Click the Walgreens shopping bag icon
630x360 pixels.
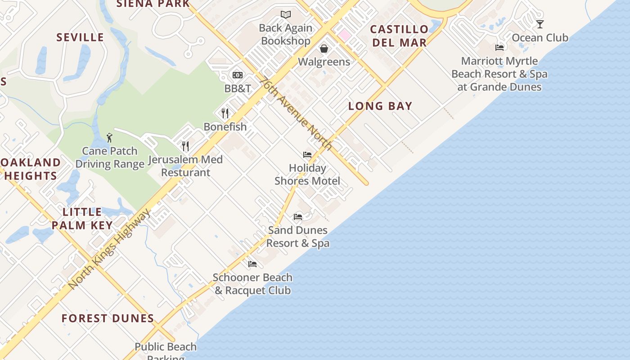pos(324,48)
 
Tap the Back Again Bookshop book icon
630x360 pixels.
pos(286,14)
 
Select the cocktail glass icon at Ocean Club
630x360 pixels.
pos(540,24)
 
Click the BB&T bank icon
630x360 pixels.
pos(238,75)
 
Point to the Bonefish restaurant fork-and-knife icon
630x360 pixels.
pos(225,113)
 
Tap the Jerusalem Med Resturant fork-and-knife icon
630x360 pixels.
pos(185,146)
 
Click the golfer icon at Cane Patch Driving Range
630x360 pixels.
pos(109,137)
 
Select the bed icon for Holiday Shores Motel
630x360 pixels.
pos(307,155)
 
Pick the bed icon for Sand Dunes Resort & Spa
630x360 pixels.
pos(298,217)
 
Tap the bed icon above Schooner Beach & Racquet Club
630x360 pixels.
pos(252,264)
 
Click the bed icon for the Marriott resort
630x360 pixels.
pos(499,47)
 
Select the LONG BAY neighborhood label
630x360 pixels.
pos(380,106)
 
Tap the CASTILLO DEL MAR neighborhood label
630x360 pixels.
pos(399,36)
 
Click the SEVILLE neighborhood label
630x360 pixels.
pos(80,37)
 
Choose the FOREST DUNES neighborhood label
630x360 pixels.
pos(108,319)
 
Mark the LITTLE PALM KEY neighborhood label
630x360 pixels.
pos(82,219)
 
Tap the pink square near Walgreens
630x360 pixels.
pos(345,35)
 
